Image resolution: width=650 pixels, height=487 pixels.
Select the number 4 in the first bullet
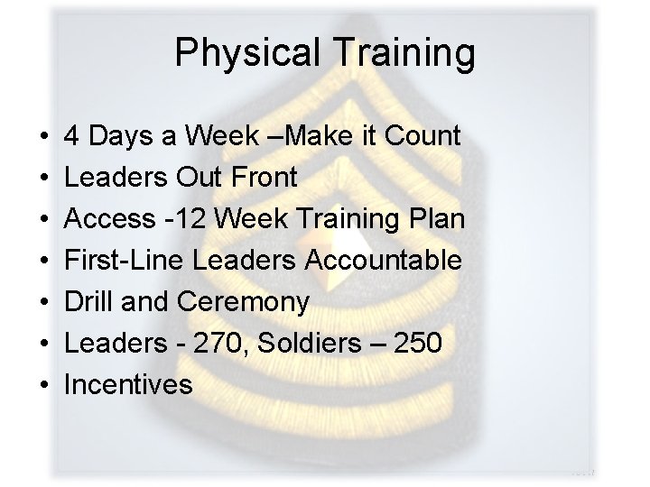71,137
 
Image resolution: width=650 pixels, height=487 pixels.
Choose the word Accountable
385,262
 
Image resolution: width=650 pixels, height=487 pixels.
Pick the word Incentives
128,385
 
